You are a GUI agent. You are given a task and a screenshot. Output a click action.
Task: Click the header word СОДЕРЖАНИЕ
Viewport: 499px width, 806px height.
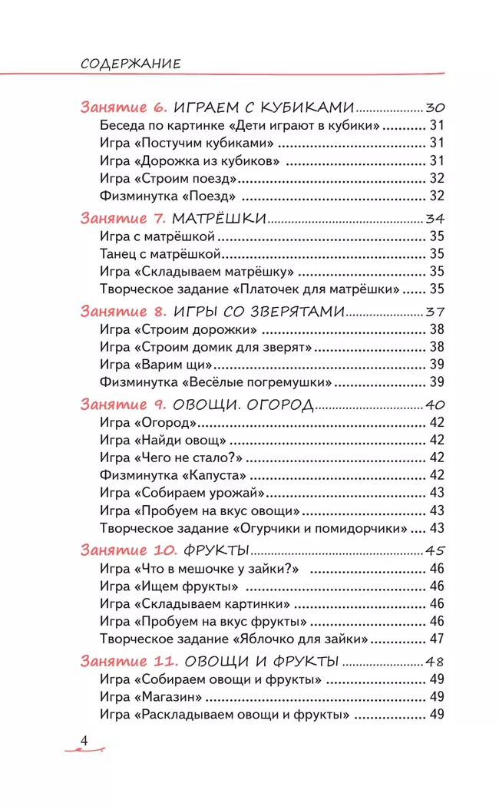tap(131, 63)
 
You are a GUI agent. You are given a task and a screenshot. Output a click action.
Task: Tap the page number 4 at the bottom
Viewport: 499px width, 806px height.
tap(85, 740)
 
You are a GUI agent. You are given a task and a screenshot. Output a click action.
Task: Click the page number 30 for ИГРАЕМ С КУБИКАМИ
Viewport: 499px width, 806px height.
tap(435, 107)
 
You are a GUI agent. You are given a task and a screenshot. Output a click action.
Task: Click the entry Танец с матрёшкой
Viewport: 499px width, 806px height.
tap(161, 253)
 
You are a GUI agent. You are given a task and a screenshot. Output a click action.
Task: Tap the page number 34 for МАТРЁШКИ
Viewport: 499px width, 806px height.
tap(435, 218)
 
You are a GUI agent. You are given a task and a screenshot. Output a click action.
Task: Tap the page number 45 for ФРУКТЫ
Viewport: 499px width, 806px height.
tap(435, 550)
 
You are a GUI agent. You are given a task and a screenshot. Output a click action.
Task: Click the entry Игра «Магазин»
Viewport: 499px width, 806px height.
tap(150, 697)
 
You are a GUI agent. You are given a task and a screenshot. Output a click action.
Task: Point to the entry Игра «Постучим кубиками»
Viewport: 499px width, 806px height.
tap(187, 143)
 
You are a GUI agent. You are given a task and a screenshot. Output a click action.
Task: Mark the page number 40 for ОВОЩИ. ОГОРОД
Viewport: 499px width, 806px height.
tap(435, 405)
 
